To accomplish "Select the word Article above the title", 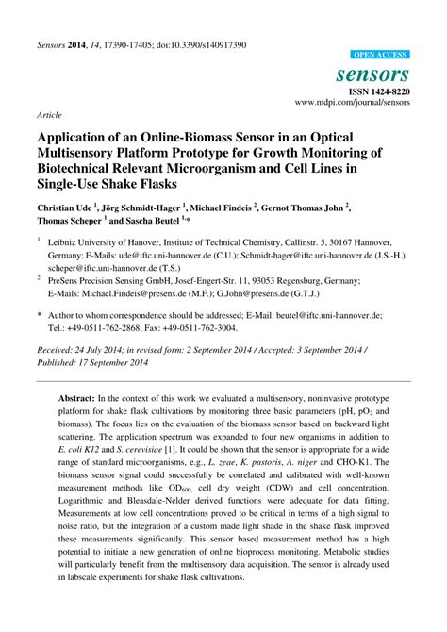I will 49,114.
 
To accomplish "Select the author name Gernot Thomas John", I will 298,208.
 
